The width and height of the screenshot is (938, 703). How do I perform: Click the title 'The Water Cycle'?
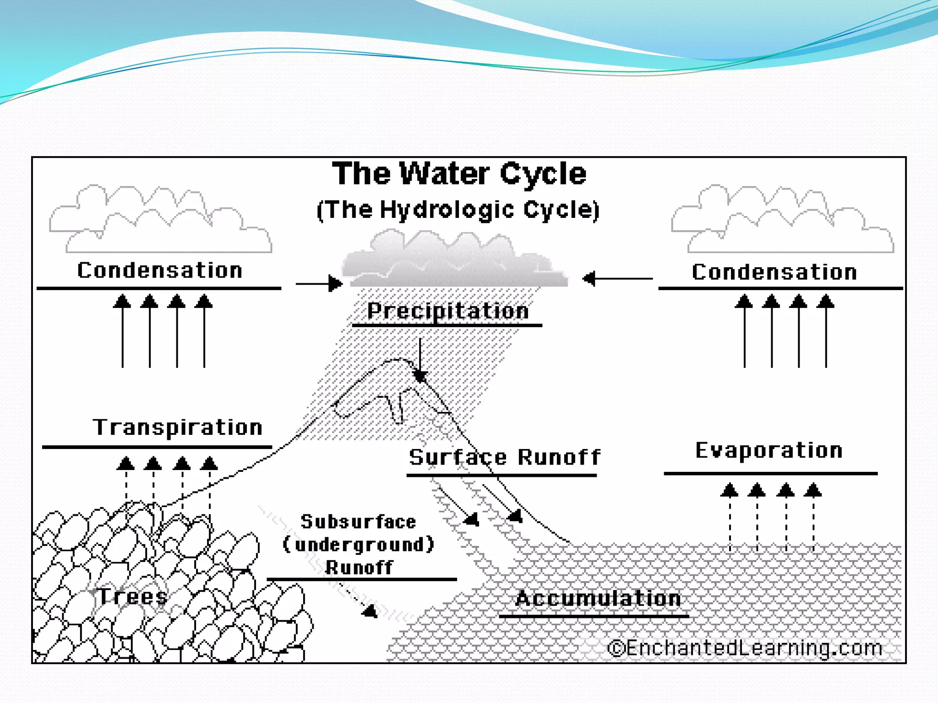(x=459, y=174)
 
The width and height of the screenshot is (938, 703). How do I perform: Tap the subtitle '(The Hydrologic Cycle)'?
(x=458, y=210)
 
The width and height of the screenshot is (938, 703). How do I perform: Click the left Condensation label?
(x=159, y=270)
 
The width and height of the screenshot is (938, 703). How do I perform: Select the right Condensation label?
(x=774, y=272)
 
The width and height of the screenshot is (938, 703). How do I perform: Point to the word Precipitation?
(x=448, y=311)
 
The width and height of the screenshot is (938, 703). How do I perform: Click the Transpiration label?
(x=178, y=427)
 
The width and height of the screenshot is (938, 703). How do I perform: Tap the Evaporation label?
(x=769, y=450)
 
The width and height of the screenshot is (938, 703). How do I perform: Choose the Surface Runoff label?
(x=504, y=457)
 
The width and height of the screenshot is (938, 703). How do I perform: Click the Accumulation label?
(x=598, y=599)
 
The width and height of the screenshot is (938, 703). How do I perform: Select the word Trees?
(x=133, y=596)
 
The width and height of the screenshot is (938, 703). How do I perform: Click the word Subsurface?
(x=358, y=522)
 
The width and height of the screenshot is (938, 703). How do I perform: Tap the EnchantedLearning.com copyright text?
(x=745, y=648)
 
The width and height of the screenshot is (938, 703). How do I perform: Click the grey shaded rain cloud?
(x=453, y=261)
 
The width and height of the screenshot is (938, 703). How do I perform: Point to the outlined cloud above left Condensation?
(x=160, y=220)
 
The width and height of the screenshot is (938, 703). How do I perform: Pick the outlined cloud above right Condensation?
(x=782, y=220)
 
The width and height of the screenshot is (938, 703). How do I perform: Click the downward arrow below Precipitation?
(x=420, y=362)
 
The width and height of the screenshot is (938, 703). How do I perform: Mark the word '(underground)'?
(x=358, y=545)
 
